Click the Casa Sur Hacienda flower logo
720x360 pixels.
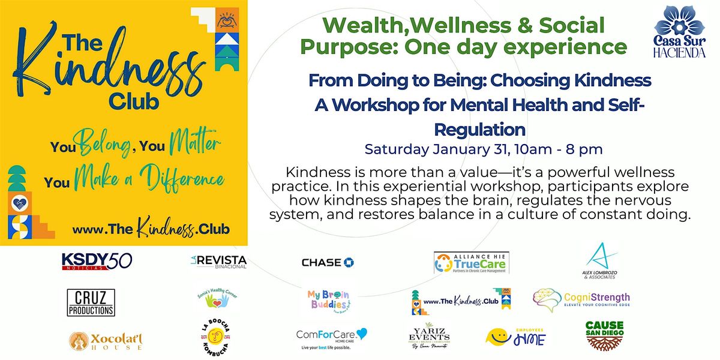click(680, 32)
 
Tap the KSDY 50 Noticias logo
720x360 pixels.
click(97, 261)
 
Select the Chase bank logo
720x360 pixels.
click(328, 262)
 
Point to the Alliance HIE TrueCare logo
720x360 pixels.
click(479, 262)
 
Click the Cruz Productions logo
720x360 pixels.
click(91, 302)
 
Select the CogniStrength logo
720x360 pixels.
click(581, 298)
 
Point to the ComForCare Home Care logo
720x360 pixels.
click(331, 338)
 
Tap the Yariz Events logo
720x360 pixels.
click(427, 337)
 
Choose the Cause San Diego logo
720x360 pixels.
click(604, 335)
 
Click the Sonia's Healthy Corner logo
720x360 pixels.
click(214, 298)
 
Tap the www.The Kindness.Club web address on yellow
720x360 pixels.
click(151, 229)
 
